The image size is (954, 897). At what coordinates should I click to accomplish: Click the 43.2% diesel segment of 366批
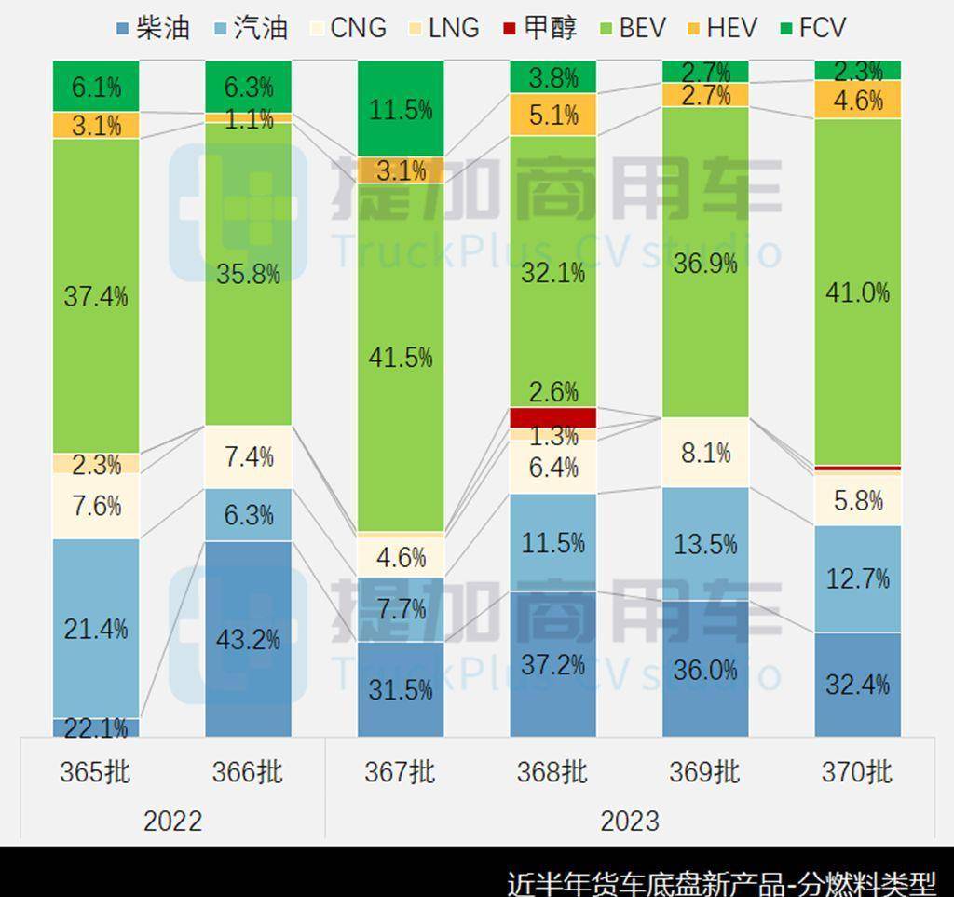248,639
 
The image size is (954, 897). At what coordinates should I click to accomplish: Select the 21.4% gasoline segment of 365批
95,628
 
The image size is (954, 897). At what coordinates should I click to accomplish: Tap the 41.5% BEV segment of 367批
400,358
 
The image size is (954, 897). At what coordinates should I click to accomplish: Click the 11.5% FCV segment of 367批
400,110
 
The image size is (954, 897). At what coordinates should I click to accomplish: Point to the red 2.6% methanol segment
552,416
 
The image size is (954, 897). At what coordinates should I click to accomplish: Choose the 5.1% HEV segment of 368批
552,116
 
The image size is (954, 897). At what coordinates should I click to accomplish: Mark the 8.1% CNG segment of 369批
705,453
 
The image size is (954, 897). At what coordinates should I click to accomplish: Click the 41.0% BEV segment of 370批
857,292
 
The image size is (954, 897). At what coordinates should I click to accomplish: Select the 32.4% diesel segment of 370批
857,685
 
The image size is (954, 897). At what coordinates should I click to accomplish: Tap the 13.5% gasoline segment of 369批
705,543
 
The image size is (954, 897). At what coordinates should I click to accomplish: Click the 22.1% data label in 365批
95,728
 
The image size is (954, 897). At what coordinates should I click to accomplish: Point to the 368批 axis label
552,772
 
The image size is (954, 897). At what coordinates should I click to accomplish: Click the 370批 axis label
857,772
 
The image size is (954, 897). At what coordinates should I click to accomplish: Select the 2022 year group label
172,821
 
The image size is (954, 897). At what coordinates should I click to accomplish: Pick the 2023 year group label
630,821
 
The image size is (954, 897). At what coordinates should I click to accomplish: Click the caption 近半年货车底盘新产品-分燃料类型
721,881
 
